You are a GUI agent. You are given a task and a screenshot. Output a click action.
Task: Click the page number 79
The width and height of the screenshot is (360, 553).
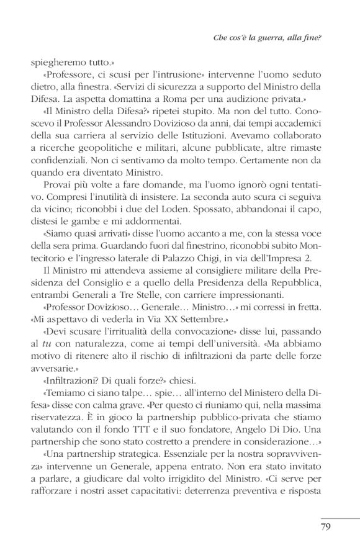click(325, 529)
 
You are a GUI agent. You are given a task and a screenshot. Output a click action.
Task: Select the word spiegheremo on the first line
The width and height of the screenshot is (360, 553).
click(52, 63)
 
